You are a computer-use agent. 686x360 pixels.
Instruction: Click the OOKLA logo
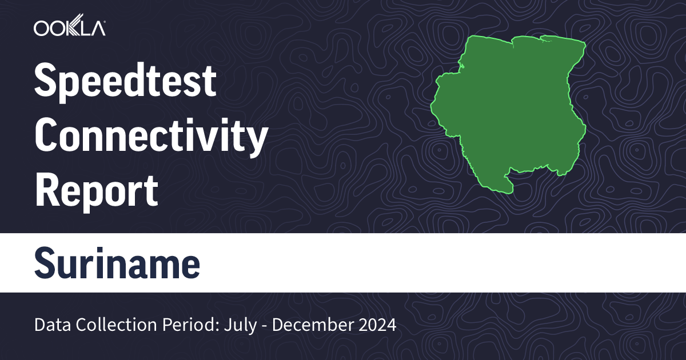pyautogui.click(x=69, y=28)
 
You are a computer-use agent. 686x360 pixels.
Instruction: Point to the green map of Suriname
pyautogui.click(x=509, y=109)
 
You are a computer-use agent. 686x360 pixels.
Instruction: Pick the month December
pyautogui.click(x=311, y=325)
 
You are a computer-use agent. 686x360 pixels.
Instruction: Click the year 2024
pyautogui.click(x=377, y=325)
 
